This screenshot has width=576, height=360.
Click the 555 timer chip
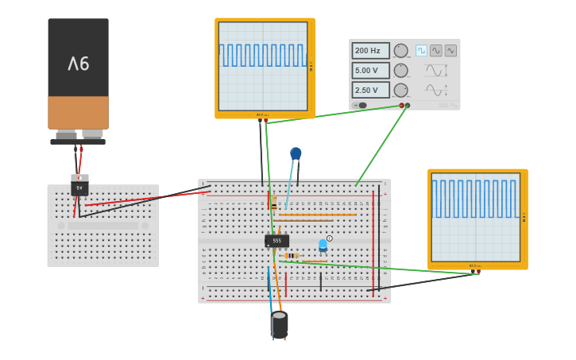pyautogui.click(x=276, y=240)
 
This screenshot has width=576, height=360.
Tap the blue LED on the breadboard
pyautogui.click(x=323, y=245)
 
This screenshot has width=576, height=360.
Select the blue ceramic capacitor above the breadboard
pyautogui.click(x=296, y=153)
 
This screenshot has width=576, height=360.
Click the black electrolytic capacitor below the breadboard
pyautogui.click(x=280, y=323)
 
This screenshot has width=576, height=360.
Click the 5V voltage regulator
pyautogui.click(x=79, y=188)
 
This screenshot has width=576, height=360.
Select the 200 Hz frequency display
pyautogui.click(x=370, y=51)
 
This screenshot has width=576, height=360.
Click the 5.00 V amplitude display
pyautogui.click(x=370, y=71)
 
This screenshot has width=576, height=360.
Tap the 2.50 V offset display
pyautogui.click(x=370, y=90)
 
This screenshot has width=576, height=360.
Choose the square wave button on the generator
pyautogui.click(x=421, y=51)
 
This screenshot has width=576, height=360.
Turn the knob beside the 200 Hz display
pyautogui.click(x=400, y=51)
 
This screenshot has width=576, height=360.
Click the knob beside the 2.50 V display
pyautogui.click(x=400, y=90)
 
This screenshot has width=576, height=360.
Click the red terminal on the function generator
pyautogui.click(x=402, y=105)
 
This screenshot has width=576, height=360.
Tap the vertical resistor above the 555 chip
pyautogui.click(x=273, y=205)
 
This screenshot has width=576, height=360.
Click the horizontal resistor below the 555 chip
pyautogui.click(x=292, y=256)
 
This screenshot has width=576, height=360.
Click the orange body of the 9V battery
pyautogui.click(x=78, y=112)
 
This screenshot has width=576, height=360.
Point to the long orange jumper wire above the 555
pyautogui.click(x=318, y=215)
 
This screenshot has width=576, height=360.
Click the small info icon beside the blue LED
pyautogui.click(x=330, y=238)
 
